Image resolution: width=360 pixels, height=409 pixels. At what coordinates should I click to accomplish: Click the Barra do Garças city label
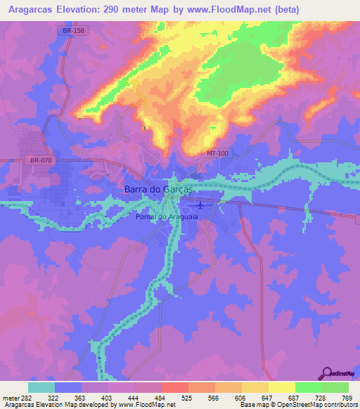pos(158,189)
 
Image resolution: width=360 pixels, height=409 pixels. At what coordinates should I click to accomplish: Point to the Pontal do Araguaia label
pos(166,217)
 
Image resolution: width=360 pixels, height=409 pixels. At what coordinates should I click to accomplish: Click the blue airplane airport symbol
pos(202,205)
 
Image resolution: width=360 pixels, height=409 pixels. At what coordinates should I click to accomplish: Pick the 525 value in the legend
pos(186,398)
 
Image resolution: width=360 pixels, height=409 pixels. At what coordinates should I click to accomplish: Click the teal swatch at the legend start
pos(41,387)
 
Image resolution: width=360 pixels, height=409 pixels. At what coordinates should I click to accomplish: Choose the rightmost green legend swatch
pos(335,387)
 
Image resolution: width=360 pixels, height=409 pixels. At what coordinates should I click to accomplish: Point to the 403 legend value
pos(105,398)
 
